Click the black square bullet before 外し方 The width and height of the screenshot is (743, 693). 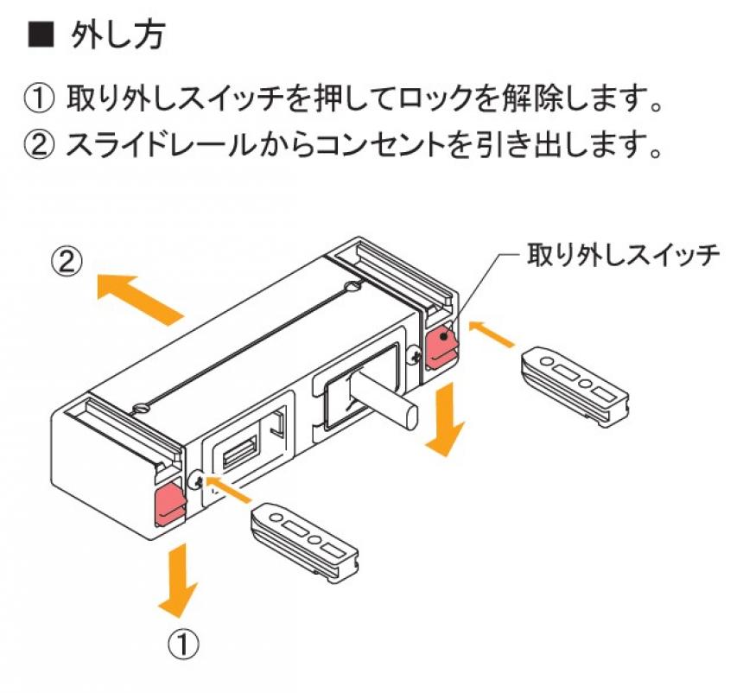tap(41, 35)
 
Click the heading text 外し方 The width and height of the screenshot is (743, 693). tap(117, 35)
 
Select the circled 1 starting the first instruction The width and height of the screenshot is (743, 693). tap(40, 99)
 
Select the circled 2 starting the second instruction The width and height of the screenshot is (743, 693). tap(40, 144)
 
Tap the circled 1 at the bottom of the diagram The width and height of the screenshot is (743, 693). tap(184, 643)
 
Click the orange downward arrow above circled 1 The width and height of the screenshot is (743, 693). tap(179, 579)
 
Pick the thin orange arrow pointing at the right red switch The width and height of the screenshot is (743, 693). tap(491, 334)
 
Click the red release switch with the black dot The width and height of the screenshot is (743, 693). tap(441, 344)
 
